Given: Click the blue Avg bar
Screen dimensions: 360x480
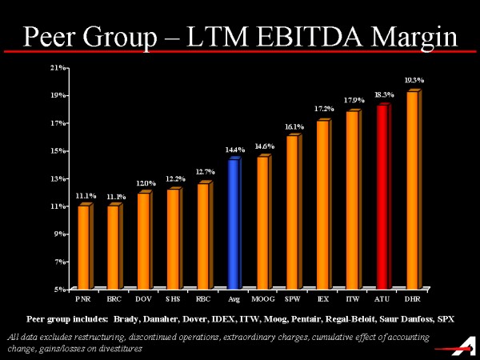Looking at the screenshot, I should [234, 224].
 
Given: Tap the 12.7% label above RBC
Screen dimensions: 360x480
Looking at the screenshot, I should [204, 172].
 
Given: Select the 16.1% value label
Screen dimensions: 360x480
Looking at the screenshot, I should [294, 126].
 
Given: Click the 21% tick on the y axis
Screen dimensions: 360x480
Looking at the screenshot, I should [58, 68].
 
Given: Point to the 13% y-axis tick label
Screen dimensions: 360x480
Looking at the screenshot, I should [58, 178].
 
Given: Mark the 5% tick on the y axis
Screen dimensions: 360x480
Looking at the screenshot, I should [60, 289].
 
